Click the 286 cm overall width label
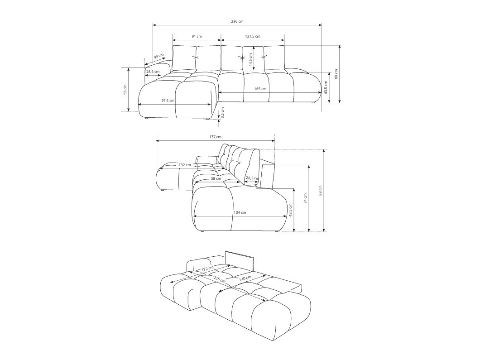click(x=237, y=21)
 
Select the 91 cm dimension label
click(x=197, y=36)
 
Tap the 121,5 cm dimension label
click(x=253, y=36)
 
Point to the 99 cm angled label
click(x=158, y=57)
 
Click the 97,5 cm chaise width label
click(x=168, y=101)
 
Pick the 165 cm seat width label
click(x=260, y=89)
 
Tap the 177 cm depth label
click(x=216, y=137)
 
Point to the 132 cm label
click(x=184, y=165)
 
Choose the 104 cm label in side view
click(x=240, y=212)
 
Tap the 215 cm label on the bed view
click(x=219, y=280)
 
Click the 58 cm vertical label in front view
click(x=125, y=89)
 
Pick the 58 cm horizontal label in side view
click(x=216, y=178)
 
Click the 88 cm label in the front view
click(x=336, y=73)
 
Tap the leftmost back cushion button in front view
click(x=196, y=57)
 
